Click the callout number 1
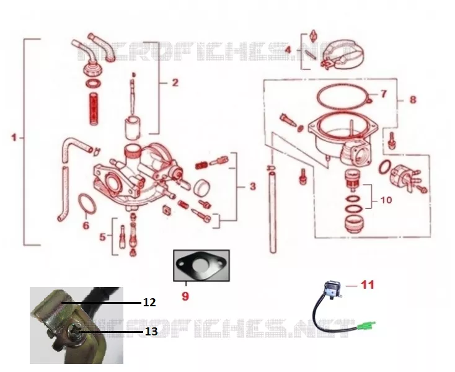pos(14,137)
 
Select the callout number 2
pos(175,82)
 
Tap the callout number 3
pos(253,186)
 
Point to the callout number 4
pos(288,50)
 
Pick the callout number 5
pos(103,237)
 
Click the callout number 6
pos(86,225)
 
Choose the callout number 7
pos(384,94)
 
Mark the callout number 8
pos(413,100)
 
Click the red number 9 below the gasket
pos(185,296)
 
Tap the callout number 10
pos(386,200)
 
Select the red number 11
pos(368,285)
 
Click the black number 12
pos(150,303)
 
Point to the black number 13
pos(151,331)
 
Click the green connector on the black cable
pos(366,325)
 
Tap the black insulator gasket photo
pos(201,265)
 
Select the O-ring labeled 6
pos(87,203)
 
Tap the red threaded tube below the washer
pos(93,109)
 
